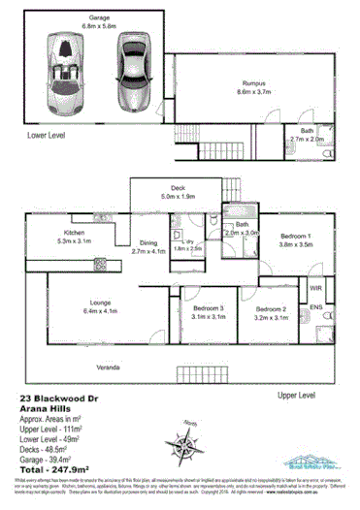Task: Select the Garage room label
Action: (x=99, y=18)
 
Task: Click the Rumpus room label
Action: (x=254, y=85)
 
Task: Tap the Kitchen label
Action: (x=74, y=234)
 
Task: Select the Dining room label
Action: (x=147, y=243)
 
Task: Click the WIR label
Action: (x=315, y=288)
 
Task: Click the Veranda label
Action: (x=108, y=368)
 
